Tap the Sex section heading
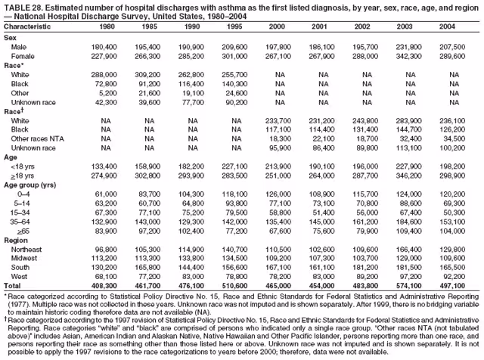11,37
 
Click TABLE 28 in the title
23,7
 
